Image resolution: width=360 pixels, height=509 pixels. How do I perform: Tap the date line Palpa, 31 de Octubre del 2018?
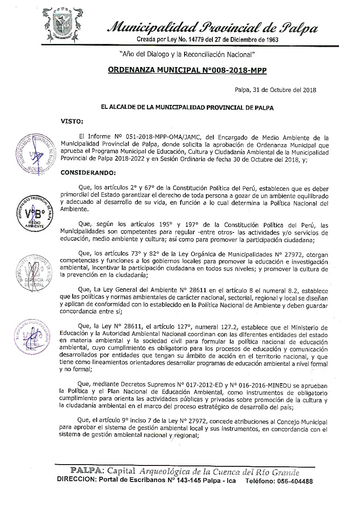click(275, 90)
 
